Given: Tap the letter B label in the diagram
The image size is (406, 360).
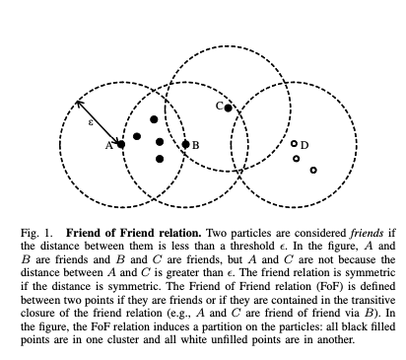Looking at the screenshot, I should [x=195, y=144].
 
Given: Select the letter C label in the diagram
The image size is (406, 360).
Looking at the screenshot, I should [x=219, y=105].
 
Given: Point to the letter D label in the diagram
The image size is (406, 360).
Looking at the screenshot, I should [x=304, y=145].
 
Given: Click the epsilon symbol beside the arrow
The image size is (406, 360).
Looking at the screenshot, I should [x=90, y=122].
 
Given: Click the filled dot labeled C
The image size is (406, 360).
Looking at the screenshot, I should [x=228, y=107].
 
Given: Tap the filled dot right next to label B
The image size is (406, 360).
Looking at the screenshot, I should [x=185, y=144].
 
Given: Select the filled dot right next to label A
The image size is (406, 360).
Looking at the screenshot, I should [x=120, y=145].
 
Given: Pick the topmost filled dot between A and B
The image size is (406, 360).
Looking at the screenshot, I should [x=154, y=119].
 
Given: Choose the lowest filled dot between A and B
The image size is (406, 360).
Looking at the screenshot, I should [x=160, y=158].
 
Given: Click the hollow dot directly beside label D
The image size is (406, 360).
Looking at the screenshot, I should [x=294, y=144].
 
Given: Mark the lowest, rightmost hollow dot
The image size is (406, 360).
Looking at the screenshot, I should [x=313, y=171].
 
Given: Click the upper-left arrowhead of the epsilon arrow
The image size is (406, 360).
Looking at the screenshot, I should [x=78, y=102].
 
